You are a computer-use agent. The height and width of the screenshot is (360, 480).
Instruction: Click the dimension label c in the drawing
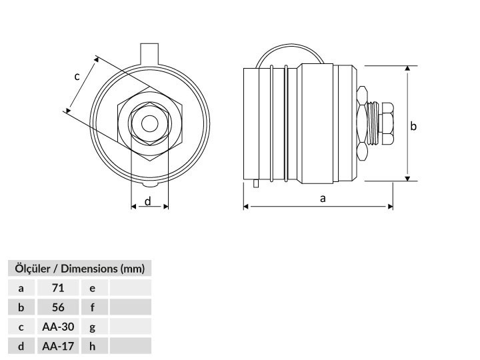[x=77, y=76]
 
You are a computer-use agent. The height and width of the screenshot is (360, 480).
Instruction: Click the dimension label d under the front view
[x=148, y=201]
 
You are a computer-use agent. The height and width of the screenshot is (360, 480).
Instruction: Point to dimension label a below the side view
[x=323, y=199]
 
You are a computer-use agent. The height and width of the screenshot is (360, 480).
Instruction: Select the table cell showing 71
[x=58, y=288]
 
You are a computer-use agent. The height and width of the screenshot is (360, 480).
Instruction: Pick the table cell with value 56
[x=58, y=307]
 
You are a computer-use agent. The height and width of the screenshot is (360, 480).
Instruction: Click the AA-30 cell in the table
[x=58, y=327]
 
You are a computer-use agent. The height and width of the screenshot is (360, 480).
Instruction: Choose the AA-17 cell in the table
[x=58, y=346]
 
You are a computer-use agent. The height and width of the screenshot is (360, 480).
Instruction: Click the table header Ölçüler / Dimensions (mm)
[x=79, y=269]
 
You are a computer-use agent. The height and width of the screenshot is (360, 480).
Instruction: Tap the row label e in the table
[x=93, y=288]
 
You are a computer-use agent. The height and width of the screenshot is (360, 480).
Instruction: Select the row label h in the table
[x=93, y=346]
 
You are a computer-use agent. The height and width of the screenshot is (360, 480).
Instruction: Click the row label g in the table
[x=93, y=327]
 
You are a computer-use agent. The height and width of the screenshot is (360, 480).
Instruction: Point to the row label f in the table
[x=93, y=307]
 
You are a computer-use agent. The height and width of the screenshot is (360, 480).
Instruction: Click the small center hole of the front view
[x=150, y=123]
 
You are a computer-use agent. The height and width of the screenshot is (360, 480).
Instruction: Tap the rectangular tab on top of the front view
[x=149, y=54]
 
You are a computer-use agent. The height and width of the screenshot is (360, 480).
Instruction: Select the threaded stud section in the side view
[x=373, y=123]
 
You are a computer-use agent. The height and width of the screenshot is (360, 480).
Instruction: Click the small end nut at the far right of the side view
[x=386, y=123]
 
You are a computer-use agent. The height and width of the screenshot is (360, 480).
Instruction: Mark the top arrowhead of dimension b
[x=407, y=68]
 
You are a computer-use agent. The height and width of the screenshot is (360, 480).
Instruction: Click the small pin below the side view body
[x=256, y=183]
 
